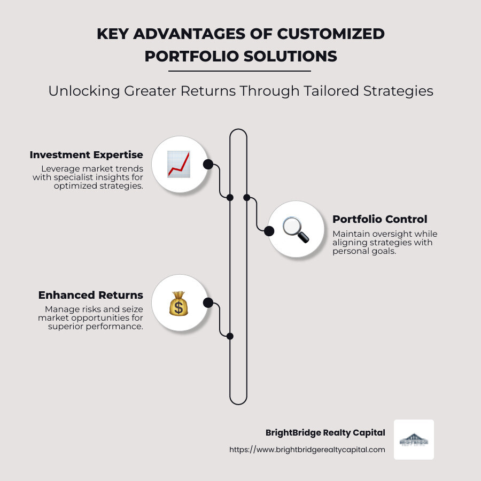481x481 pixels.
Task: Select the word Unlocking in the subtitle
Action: coord(76,91)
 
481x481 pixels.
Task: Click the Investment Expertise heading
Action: coord(87,155)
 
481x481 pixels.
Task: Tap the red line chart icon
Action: coord(179,164)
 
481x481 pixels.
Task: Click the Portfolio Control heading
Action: coord(379,219)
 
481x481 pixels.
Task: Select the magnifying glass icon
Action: coord(296,230)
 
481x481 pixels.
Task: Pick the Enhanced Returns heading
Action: coord(91,295)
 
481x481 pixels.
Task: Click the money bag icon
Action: coord(179,303)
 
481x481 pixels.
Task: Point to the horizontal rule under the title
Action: coord(239,71)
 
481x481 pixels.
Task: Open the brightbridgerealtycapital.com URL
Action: coord(307,450)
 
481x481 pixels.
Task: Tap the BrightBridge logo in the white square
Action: coord(414,440)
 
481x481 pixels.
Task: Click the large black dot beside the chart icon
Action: coord(208,164)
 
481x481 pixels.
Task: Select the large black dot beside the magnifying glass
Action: coord(269,230)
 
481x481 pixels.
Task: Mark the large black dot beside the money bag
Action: coord(208,303)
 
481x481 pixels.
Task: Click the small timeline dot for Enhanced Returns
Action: coord(230,336)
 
